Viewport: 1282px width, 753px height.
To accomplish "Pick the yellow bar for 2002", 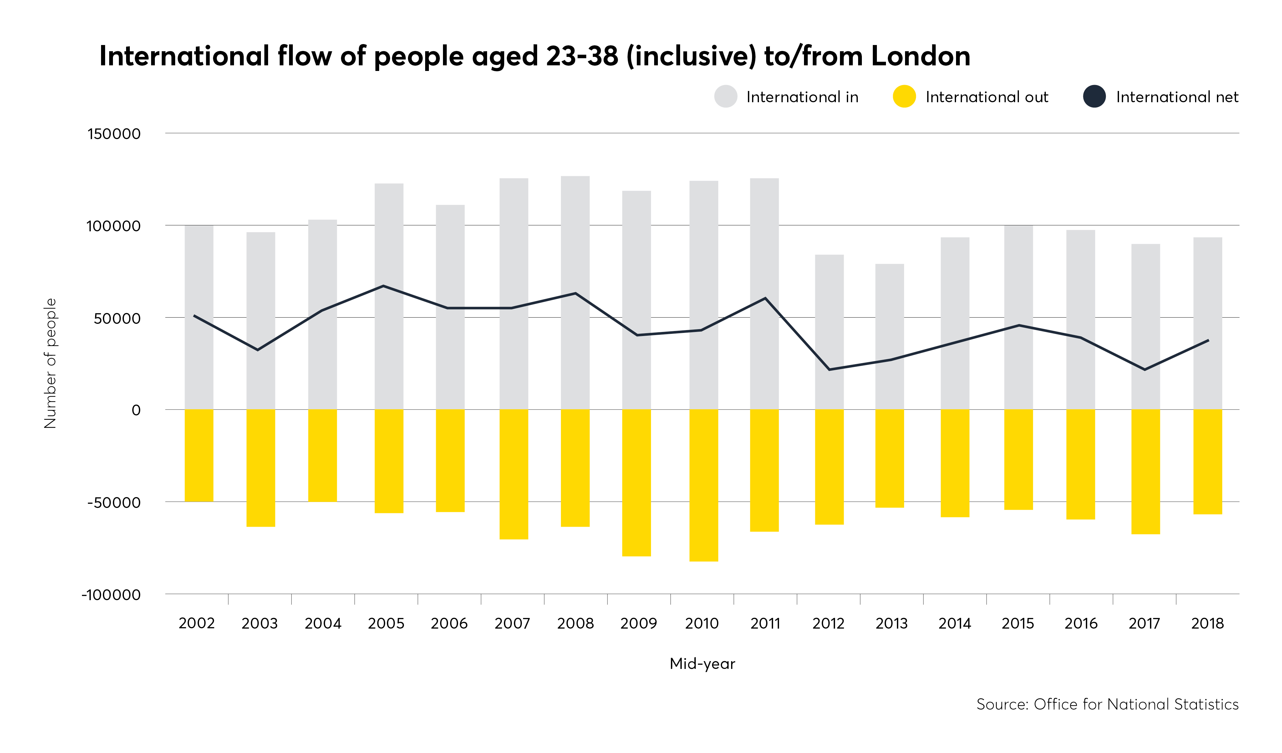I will (199, 455).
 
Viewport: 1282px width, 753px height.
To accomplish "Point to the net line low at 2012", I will (829, 370).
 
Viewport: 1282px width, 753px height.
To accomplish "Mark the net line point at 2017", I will (1145, 370).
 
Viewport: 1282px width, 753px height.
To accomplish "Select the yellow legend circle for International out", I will (904, 97).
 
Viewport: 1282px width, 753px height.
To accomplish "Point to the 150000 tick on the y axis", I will (114, 134).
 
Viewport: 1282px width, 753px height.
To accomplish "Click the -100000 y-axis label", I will (111, 595).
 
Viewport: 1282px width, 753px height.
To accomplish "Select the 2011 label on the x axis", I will (765, 623).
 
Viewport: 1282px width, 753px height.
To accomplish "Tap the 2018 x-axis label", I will (1207, 623).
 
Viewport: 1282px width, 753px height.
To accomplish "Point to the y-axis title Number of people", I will (50, 364).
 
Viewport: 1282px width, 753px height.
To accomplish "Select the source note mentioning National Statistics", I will (1107, 704).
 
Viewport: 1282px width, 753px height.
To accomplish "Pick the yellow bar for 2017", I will (1145, 471).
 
